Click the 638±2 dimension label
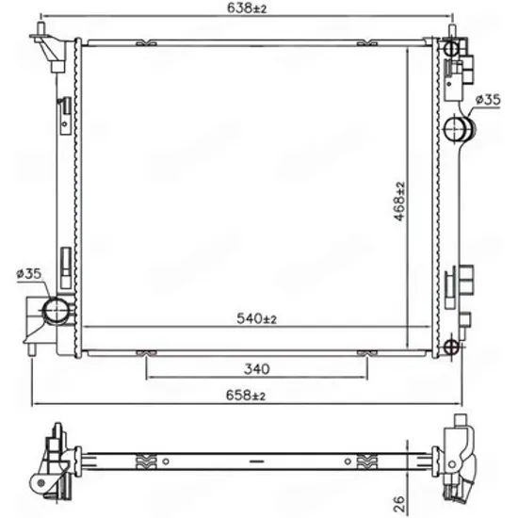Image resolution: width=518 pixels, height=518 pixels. tap(247, 8)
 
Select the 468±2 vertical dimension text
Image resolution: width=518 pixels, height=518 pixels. tap(399, 202)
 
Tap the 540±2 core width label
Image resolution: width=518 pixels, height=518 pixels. tap(256, 318)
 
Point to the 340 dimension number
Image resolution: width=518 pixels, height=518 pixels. tap(257, 368)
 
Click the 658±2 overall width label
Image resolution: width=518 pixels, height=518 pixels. tap(246, 396)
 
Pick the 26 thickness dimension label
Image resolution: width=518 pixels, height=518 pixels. tap(399, 504)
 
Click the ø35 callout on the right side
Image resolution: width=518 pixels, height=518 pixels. tap(488, 100)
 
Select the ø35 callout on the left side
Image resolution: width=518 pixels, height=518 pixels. tap(29, 273)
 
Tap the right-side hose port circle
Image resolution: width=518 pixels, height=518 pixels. tap(455, 128)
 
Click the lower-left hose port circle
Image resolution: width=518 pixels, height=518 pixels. tap(56, 310)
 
